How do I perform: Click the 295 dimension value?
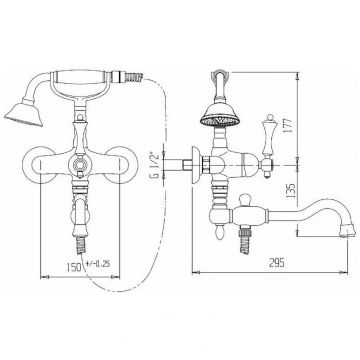coord(277,263)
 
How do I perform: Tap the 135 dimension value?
coord(291,191)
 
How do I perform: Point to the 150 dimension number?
coord(74,267)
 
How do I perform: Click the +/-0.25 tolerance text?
coord(98,264)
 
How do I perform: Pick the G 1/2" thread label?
coord(155,165)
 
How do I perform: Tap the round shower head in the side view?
coord(220,115)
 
